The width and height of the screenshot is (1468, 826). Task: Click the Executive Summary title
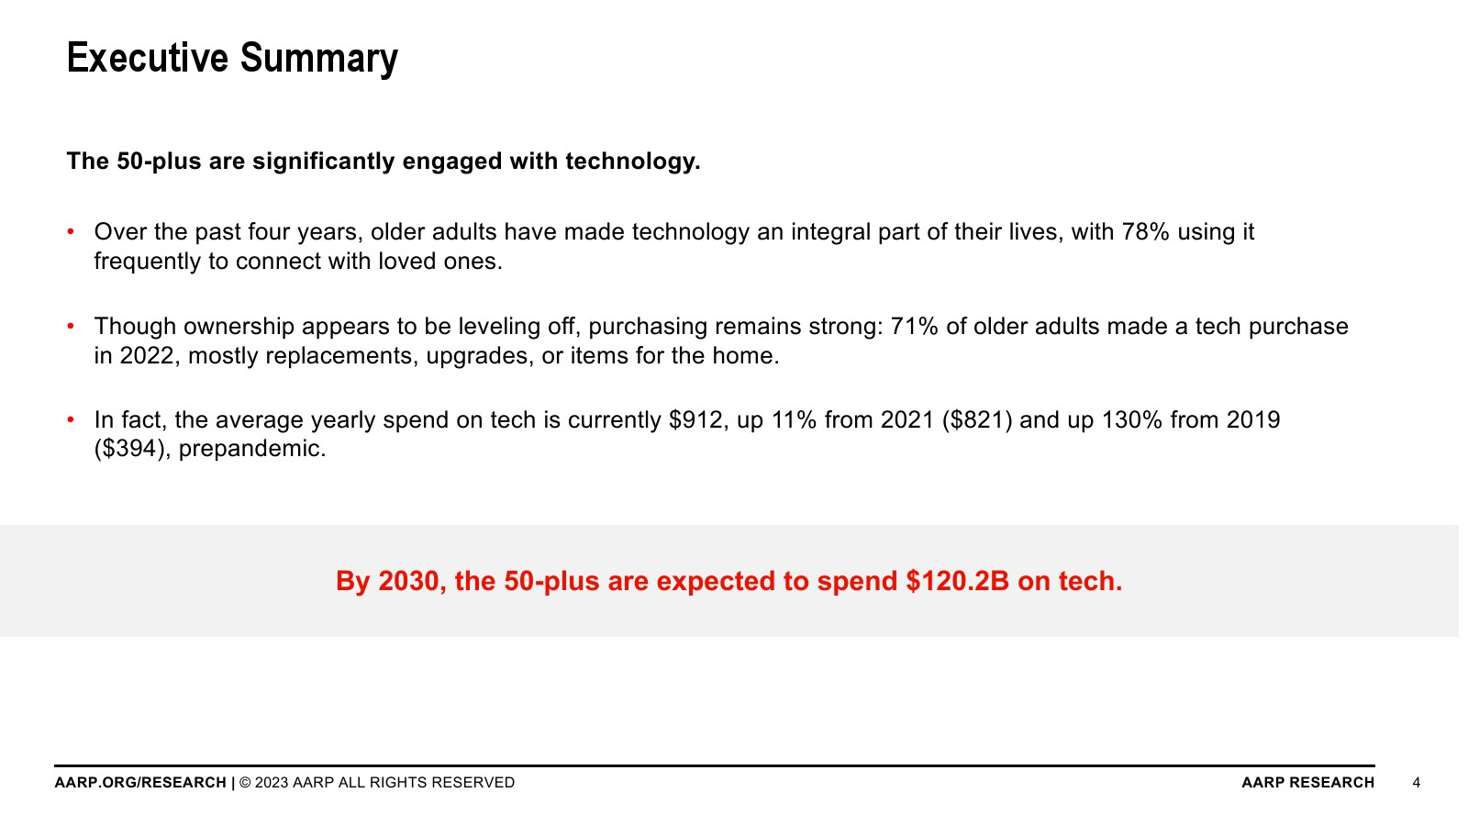pos(233,59)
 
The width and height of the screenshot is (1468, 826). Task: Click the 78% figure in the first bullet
pos(1146,232)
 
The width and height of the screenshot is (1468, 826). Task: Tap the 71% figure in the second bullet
pos(914,327)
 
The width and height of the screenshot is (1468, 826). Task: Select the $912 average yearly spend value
pos(696,420)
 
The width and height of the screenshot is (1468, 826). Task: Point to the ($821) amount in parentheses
pos(977,420)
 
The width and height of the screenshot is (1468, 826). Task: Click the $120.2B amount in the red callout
pos(958,582)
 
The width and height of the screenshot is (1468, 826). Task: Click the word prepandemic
pos(252,450)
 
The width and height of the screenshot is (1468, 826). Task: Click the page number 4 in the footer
pos(1417,783)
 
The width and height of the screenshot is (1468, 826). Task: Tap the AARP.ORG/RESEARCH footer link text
pos(140,783)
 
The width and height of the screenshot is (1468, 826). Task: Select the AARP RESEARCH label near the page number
pos(1308,783)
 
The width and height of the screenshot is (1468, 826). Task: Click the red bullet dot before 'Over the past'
pos(71,231)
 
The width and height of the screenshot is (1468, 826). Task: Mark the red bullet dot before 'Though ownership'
pos(71,326)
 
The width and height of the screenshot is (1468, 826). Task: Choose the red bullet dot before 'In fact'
pos(71,419)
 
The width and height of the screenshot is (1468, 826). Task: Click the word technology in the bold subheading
pos(633,162)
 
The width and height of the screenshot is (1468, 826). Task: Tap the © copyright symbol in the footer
pos(245,783)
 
